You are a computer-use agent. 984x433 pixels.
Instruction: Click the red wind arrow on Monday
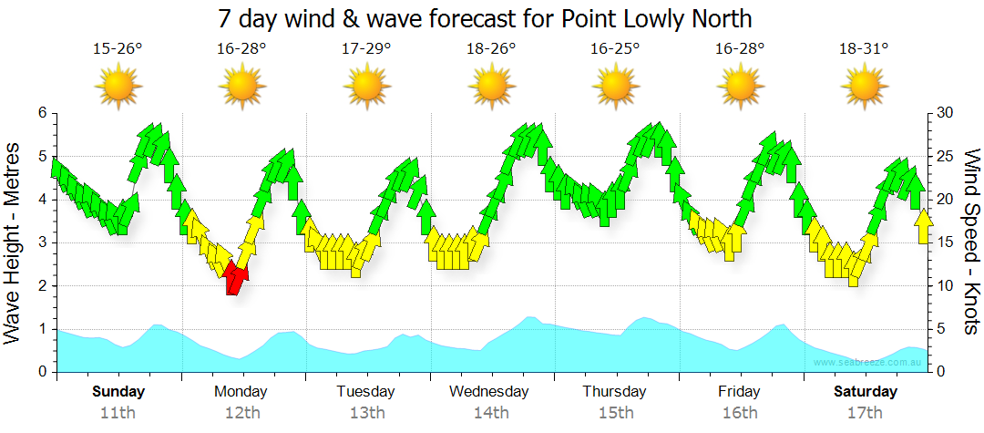[235, 276]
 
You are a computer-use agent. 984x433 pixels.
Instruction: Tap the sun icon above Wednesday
[492, 88]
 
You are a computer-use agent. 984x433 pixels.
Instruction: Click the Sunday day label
[118, 392]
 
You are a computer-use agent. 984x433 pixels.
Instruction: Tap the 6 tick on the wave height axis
[42, 113]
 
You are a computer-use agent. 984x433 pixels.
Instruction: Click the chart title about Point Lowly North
[485, 18]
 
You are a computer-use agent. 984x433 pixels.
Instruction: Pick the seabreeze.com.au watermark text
[869, 363]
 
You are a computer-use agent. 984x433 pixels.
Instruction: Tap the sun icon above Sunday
[118, 88]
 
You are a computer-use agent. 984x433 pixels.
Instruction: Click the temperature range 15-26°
[118, 49]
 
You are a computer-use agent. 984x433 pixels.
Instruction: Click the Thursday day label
[615, 392]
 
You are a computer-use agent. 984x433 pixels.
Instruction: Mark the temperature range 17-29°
[367, 49]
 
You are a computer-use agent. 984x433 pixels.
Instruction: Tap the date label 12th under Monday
[241, 412]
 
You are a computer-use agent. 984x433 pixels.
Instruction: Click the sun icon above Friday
[740, 88]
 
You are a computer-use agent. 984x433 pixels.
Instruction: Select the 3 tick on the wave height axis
[42, 242]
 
